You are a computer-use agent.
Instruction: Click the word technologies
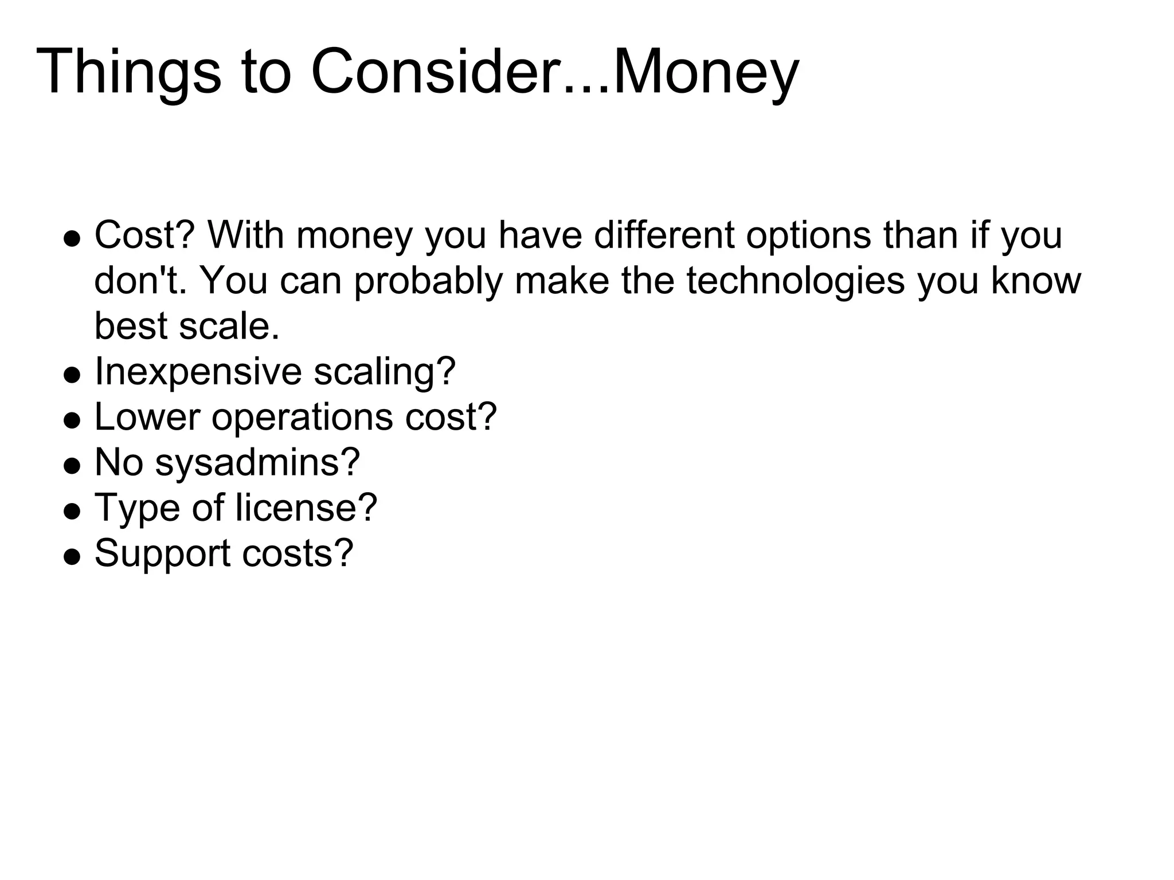795,281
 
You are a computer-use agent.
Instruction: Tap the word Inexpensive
198,372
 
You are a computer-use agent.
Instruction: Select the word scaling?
385,372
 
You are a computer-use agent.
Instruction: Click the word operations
302,417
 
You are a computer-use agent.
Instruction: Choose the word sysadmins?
257,462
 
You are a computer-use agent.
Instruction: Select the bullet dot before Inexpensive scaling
72,375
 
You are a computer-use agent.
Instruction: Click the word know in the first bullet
1036,281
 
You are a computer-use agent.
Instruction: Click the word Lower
147,417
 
